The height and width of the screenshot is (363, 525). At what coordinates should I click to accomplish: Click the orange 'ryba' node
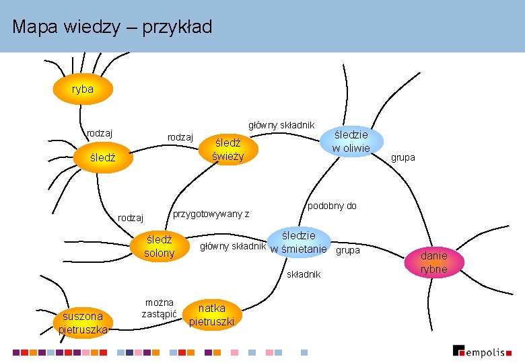(83, 89)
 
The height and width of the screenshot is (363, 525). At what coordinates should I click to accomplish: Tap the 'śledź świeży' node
(228, 150)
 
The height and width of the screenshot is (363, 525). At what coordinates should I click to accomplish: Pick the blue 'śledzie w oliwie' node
(351, 140)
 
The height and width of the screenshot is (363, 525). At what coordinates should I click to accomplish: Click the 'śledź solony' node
(159, 246)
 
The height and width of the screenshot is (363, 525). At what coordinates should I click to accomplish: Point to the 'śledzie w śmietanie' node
(298, 243)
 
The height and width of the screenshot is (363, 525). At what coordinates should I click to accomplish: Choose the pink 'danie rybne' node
(433, 262)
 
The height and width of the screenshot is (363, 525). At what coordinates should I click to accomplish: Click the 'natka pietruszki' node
(211, 315)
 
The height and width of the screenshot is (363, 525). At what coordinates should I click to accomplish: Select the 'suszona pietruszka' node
(82, 323)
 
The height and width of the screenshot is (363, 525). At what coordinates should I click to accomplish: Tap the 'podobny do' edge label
(332, 206)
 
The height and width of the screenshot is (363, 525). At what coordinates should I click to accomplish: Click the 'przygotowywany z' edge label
(211, 214)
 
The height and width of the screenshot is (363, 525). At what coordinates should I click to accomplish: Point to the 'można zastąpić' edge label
(159, 308)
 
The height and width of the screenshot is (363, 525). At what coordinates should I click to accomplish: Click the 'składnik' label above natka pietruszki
(304, 274)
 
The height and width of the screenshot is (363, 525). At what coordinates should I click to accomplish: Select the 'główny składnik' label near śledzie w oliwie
(281, 124)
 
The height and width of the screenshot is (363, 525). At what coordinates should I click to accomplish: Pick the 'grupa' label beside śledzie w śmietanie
(347, 250)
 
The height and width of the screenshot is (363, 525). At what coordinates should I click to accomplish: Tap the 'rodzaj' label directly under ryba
(99, 132)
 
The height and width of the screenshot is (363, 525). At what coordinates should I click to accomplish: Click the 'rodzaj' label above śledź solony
(131, 218)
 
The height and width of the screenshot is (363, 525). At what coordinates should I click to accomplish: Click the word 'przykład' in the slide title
(178, 27)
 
